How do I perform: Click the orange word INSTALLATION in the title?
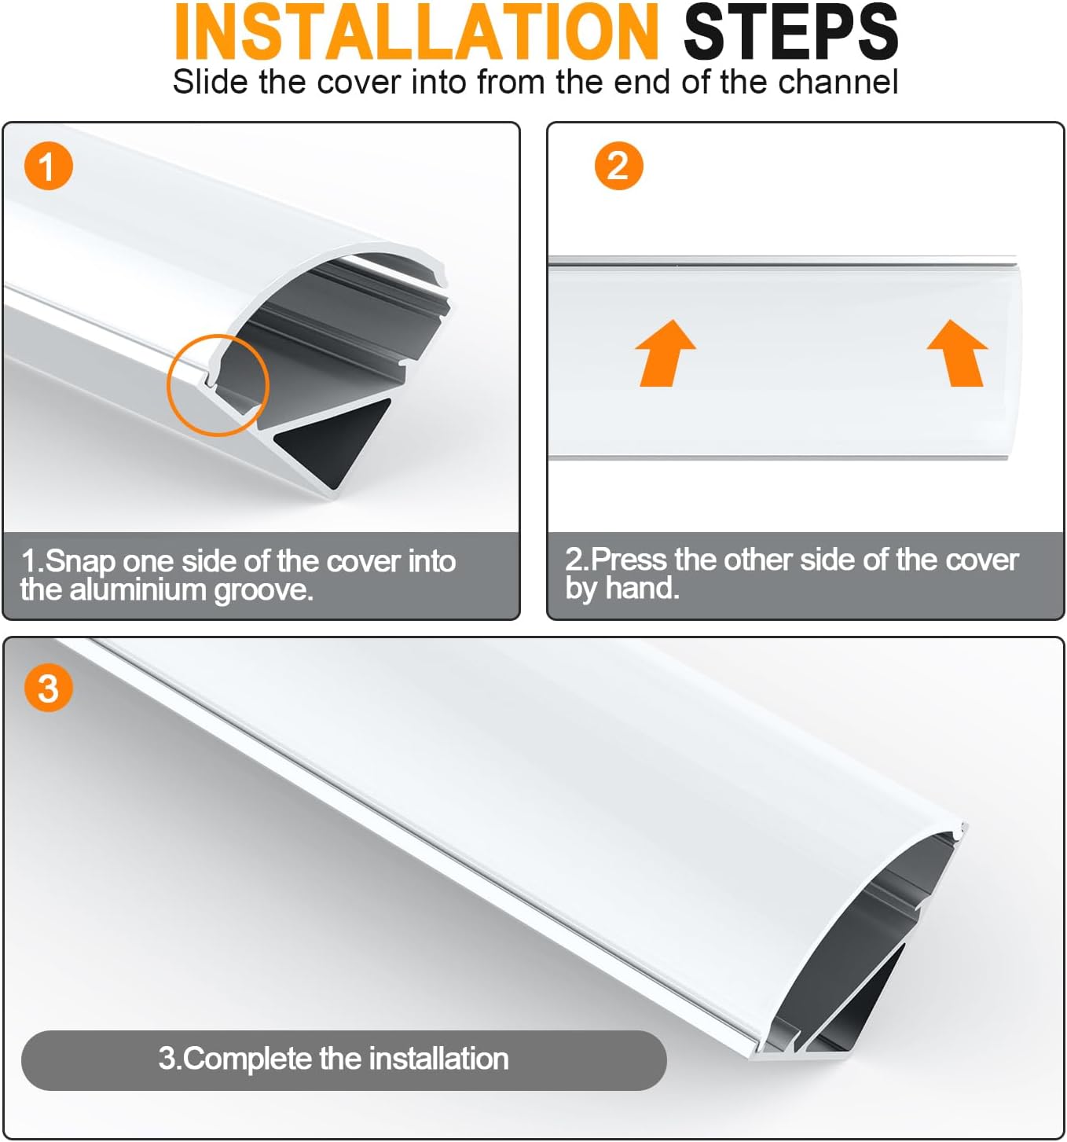click(x=416, y=31)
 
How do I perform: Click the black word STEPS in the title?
click(x=790, y=31)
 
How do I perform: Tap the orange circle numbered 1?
click(x=48, y=166)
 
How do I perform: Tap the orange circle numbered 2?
click(x=618, y=166)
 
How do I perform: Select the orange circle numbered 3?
click(x=48, y=688)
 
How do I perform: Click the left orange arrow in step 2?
click(x=665, y=353)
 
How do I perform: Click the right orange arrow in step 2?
click(x=958, y=353)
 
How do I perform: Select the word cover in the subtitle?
click(x=354, y=83)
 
